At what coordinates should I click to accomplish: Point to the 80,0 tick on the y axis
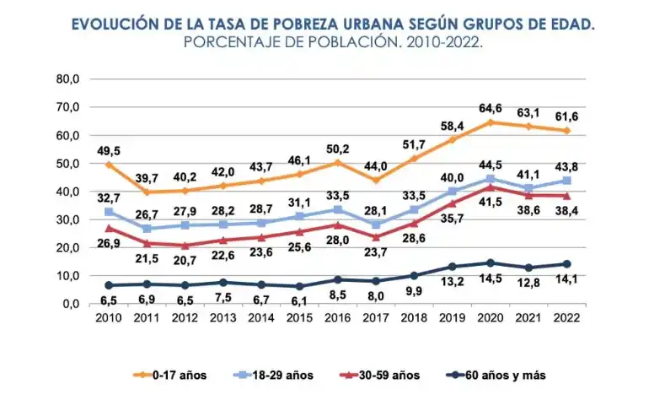[67, 79]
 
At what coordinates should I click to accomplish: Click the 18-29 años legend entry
[275, 373]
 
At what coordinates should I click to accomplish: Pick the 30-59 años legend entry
[378, 373]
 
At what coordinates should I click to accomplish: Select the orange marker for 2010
[109, 165]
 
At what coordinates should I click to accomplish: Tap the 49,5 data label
[109, 150]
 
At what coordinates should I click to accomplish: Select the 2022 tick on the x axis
[566, 318]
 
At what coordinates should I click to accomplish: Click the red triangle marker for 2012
[185, 246]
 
